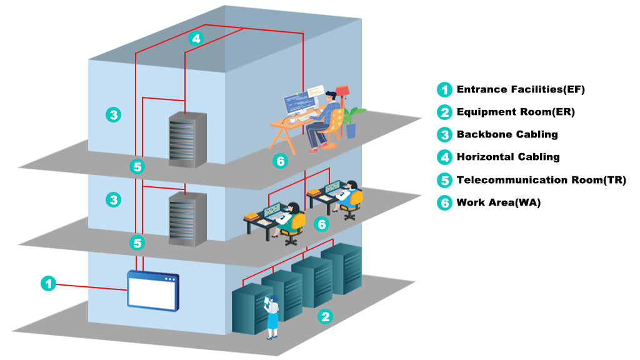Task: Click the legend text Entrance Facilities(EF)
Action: coord(521,89)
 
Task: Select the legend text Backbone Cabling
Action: coord(507,134)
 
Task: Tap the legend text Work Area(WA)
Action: coord(498,202)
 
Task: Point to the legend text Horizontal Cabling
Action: coord(508,157)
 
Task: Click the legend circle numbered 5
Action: coord(444,180)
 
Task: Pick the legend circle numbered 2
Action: coord(444,112)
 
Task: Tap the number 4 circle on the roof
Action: coord(196,39)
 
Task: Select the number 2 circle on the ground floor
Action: coord(324,316)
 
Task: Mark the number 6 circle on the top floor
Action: coord(281,161)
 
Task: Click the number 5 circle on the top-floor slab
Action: coord(137,167)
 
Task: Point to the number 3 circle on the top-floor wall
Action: coord(113,115)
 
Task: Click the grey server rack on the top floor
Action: coord(187,139)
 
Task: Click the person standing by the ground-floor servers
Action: coord(272,316)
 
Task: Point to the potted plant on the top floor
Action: coord(352,121)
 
